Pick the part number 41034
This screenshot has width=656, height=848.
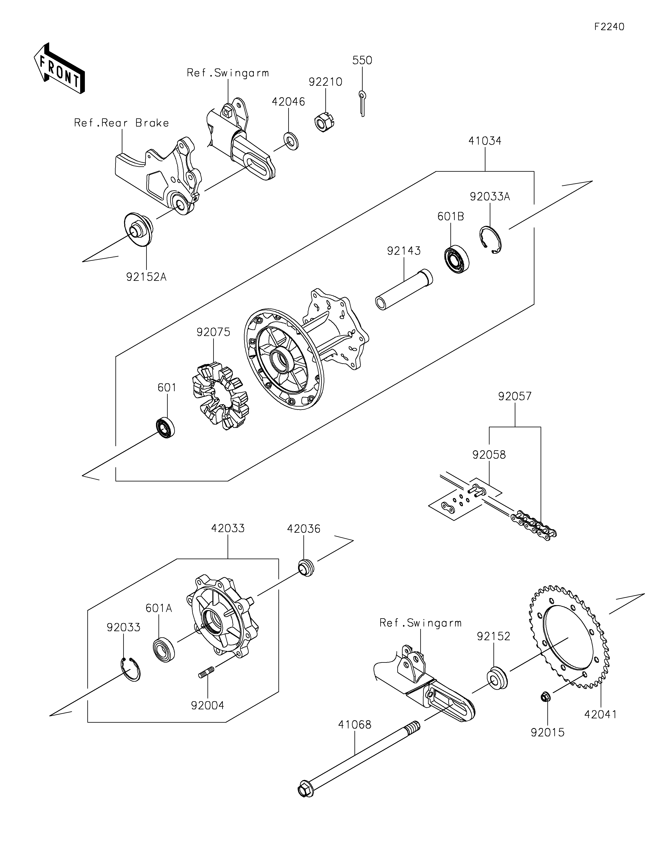pos(485,141)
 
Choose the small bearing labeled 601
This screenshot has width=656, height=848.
pos(165,427)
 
